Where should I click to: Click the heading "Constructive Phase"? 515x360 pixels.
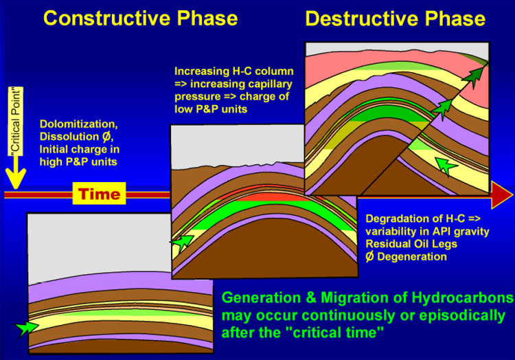(141, 19)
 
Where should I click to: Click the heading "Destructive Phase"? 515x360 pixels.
(396, 19)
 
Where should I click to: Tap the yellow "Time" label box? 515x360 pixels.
(99, 194)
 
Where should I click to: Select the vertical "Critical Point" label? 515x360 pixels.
(16, 121)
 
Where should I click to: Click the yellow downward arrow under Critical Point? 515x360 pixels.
(15, 172)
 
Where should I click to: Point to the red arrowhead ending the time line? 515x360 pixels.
(502, 195)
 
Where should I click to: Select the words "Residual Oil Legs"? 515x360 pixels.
(411, 244)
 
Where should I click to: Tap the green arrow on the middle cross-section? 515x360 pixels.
(182, 241)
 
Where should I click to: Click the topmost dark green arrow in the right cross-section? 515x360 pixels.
(472, 76)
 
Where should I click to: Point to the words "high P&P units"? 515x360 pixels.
(78, 162)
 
